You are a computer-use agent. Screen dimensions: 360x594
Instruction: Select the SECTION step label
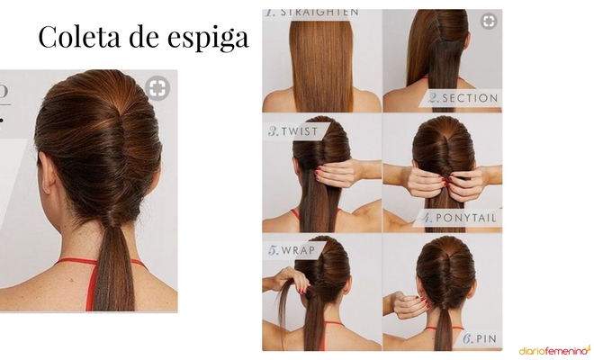469,97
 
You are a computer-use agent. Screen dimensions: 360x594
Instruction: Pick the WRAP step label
295,251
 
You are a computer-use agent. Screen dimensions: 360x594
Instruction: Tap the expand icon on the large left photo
157,87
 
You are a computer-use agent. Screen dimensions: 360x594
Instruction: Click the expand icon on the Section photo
489,21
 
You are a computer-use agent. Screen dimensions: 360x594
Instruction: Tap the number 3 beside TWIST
272,130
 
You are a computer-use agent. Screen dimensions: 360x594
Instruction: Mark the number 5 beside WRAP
271,251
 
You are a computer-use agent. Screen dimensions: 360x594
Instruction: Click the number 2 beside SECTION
434,97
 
